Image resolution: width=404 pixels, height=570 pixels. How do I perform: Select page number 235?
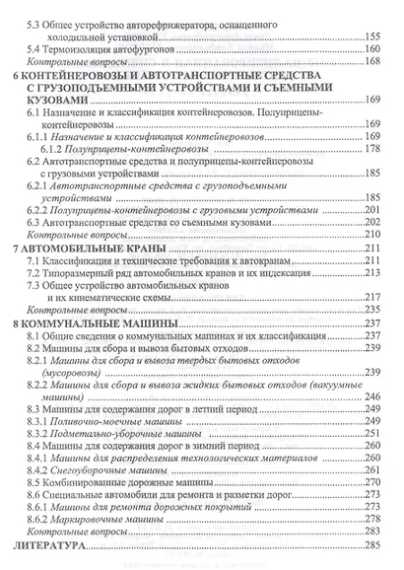(x=373, y=309)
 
